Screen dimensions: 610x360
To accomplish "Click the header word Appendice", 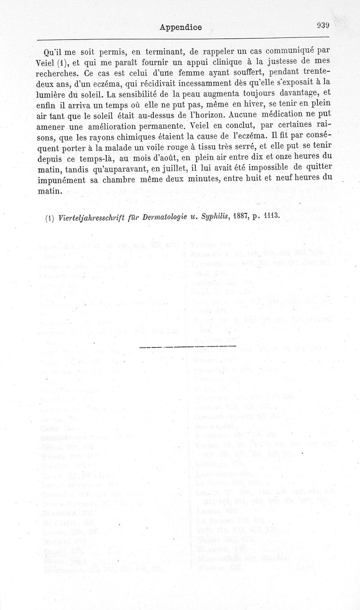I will click(180, 27).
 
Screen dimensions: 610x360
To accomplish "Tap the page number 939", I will click(323, 26).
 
